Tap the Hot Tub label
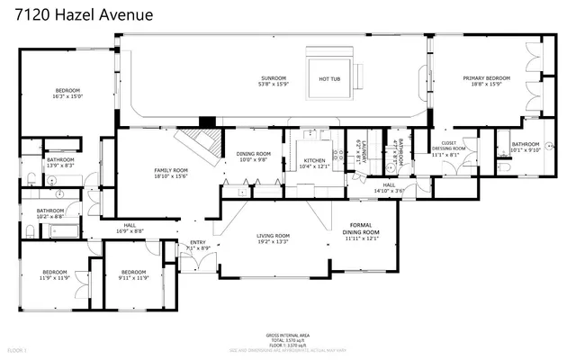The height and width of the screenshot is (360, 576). coord(328,78)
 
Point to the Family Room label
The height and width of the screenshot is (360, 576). coord(170,173)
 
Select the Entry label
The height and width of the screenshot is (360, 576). coord(197,244)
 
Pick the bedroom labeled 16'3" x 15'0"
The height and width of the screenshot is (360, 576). coord(68,93)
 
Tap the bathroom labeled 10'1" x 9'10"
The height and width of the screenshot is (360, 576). coord(525,147)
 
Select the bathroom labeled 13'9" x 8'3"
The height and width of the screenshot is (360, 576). coord(60,162)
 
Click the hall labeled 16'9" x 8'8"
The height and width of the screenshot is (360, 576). coord(130,229)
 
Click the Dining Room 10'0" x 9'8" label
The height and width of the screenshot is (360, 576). coord(254,157)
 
